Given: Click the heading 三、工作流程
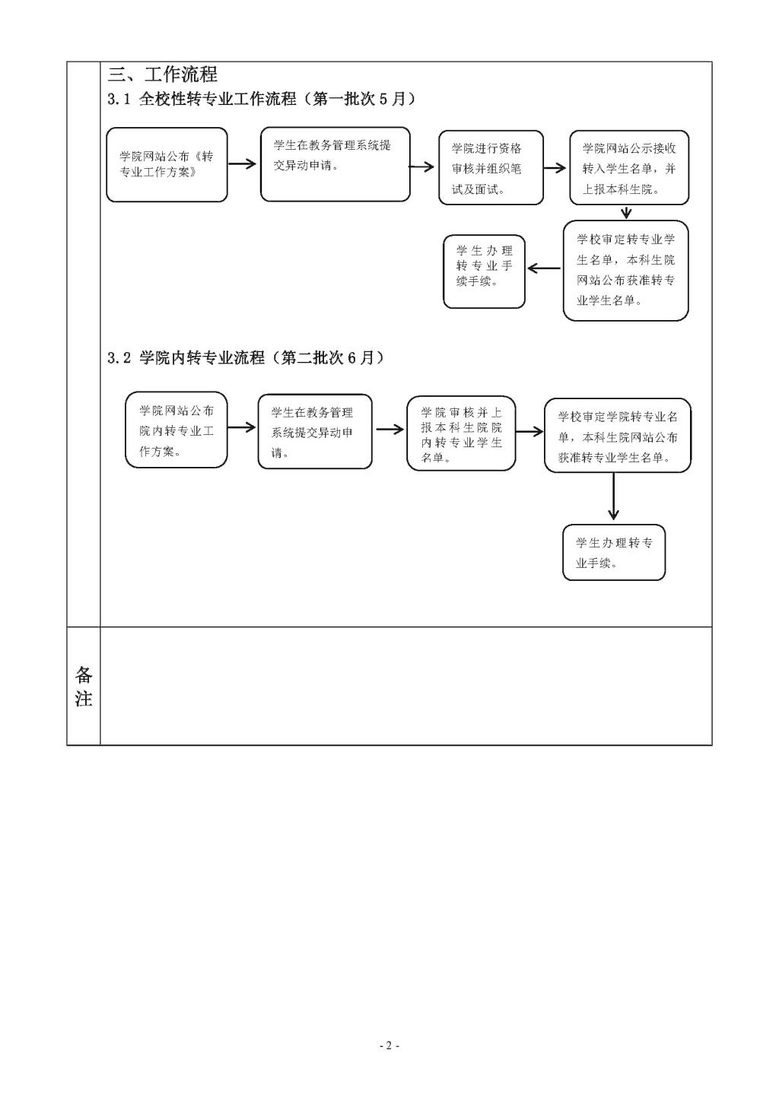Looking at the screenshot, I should [163, 75].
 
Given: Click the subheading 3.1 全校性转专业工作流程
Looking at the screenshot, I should [262, 99].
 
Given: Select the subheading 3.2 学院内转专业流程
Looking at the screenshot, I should [246, 357].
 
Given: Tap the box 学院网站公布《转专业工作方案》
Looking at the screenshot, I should [167, 165].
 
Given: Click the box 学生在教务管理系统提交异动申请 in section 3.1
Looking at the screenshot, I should [335, 165].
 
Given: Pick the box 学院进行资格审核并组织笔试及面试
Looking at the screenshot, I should [491, 168].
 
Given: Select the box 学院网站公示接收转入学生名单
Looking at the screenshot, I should [629, 168].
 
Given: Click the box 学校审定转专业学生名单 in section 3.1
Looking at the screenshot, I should [625, 270].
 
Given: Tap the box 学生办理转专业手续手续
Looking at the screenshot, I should [484, 271].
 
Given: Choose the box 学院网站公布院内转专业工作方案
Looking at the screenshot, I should [176, 430].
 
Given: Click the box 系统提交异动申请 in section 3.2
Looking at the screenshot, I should [315, 431].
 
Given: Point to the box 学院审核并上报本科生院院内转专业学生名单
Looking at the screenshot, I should [461, 433].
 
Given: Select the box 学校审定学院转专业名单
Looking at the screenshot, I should [618, 436].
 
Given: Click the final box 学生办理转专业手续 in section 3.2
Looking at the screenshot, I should [614, 553].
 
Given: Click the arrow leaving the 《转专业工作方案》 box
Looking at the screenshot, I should [243, 163].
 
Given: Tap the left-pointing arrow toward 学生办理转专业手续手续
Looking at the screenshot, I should [544, 268].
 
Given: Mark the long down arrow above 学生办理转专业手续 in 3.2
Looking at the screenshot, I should [614, 497].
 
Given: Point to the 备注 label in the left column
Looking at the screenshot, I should [84, 686].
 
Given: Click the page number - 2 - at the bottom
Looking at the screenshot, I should [389, 1045].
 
